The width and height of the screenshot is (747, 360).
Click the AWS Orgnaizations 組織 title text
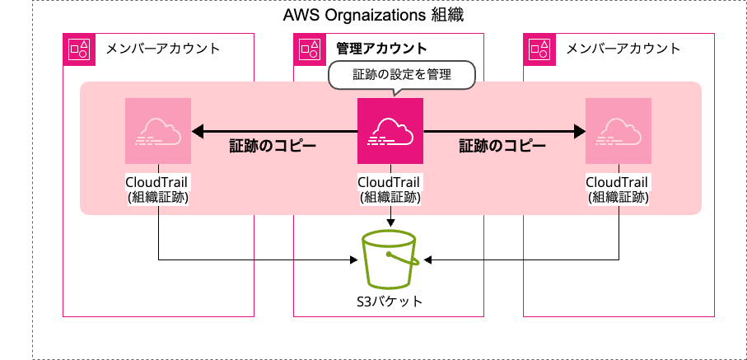pyautogui.click(x=375, y=15)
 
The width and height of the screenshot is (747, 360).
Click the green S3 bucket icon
pyautogui.click(x=390, y=255)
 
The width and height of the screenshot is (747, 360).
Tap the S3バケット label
pyautogui.click(x=390, y=301)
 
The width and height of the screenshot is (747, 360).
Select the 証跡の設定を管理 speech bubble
pyautogui.click(x=403, y=74)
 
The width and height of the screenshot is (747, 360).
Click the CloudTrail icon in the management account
pyautogui.click(x=390, y=131)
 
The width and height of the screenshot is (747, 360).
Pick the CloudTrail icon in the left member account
pyautogui.click(x=157, y=131)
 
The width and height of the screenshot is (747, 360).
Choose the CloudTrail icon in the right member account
pyautogui.click(x=618, y=131)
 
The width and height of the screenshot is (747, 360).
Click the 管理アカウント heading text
pyautogui.click(x=381, y=49)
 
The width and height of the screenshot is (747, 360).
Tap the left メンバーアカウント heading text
pyautogui.click(x=163, y=49)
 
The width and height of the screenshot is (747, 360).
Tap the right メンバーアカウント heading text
pyautogui.click(x=623, y=49)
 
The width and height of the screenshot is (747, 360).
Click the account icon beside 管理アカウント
pyautogui.click(x=310, y=49)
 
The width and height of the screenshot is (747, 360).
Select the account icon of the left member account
pyautogui.click(x=80, y=49)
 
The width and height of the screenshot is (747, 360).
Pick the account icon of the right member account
pyautogui.click(x=540, y=49)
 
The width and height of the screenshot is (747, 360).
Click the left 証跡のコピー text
pyautogui.click(x=273, y=147)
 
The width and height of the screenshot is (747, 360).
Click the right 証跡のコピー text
pyautogui.click(x=502, y=147)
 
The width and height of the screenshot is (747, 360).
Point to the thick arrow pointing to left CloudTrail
pyautogui.click(x=272, y=130)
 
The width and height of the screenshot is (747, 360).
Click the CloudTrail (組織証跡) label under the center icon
pyautogui.click(x=390, y=189)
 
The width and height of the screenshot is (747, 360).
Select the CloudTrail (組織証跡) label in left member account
pyautogui.click(x=157, y=189)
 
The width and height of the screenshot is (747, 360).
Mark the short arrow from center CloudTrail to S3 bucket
pyautogui.click(x=390, y=217)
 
